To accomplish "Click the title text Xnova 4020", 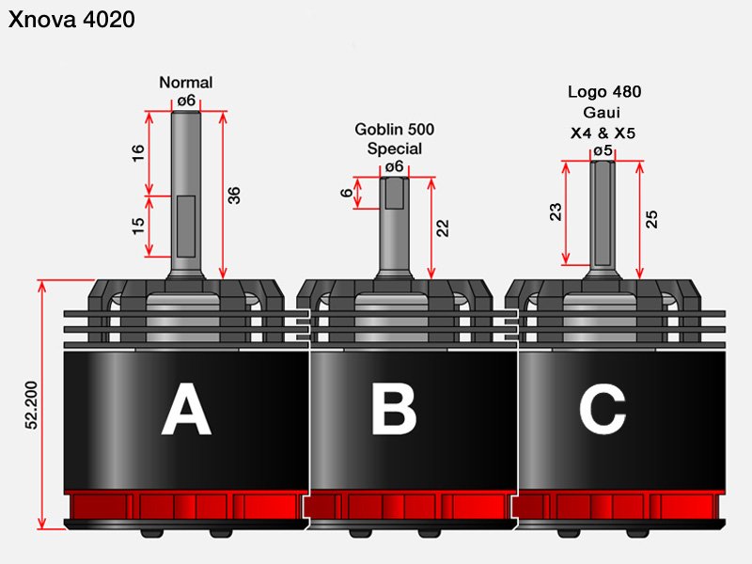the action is (x=71, y=20).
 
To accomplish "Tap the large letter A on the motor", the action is (x=186, y=409).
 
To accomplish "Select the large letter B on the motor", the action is (x=394, y=409).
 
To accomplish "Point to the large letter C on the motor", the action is (x=603, y=409).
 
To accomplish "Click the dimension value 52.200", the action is (x=31, y=405).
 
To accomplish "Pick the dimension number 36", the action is (x=233, y=196).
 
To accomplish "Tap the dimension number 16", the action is (x=138, y=153).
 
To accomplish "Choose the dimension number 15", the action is (x=138, y=227).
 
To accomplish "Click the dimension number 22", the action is (x=443, y=228).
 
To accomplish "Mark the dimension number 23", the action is (x=555, y=212).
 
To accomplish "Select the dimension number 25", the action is (x=651, y=219).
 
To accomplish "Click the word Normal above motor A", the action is (x=185, y=83).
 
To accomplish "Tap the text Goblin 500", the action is (x=394, y=129).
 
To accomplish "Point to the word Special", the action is (x=394, y=149).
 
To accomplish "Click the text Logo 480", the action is (x=604, y=91).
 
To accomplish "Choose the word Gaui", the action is (x=602, y=112).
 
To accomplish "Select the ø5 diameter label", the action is (x=603, y=150).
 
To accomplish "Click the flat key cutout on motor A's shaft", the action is (x=185, y=226).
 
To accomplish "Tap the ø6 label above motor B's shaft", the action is (x=394, y=167).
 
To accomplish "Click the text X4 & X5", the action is (x=603, y=133).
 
